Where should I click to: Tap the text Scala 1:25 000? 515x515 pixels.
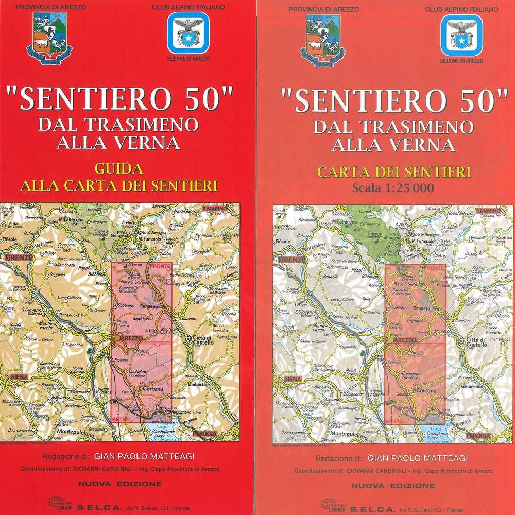[393, 188]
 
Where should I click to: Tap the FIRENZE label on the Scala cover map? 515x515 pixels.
[290, 260]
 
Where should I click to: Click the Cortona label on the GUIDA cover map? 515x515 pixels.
[153, 389]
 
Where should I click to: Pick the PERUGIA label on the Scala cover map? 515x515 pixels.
[478, 435]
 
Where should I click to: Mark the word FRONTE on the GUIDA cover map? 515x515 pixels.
[160, 266]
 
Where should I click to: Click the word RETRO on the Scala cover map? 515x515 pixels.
[394, 421]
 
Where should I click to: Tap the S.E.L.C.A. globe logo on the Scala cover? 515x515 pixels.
[332, 503]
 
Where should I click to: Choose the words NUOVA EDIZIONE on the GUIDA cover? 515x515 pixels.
[120, 484]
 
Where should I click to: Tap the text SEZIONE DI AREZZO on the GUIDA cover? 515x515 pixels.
[188, 59]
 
